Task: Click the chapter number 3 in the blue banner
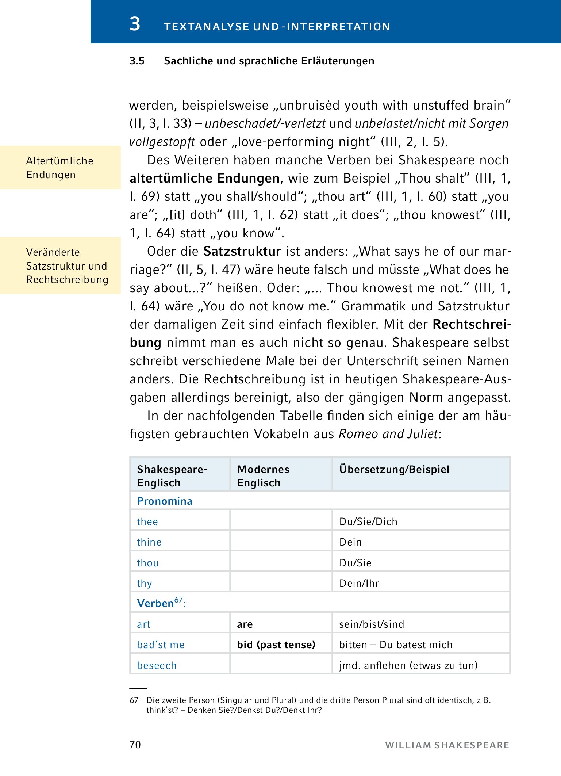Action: point(135,24)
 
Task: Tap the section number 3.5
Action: point(137,61)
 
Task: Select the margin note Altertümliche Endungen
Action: point(60,168)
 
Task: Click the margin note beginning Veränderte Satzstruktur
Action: point(67,265)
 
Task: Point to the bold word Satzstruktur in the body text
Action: point(242,251)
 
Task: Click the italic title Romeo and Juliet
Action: point(388,434)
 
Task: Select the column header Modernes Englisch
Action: point(263,475)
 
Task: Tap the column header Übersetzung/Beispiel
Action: point(394,469)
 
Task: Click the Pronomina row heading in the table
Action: point(165,501)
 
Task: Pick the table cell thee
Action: point(147,521)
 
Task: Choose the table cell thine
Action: point(149,542)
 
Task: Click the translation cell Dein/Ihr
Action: point(359,583)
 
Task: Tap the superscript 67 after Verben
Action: point(178,600)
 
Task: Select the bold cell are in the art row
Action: point(245,624)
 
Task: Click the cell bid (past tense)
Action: point(276,645)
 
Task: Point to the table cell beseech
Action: point(157,665)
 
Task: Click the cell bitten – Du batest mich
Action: point(396,645)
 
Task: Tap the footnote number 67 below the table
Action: point(134,700)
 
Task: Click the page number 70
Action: point(135,745)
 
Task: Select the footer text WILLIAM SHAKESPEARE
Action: point(447,745)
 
